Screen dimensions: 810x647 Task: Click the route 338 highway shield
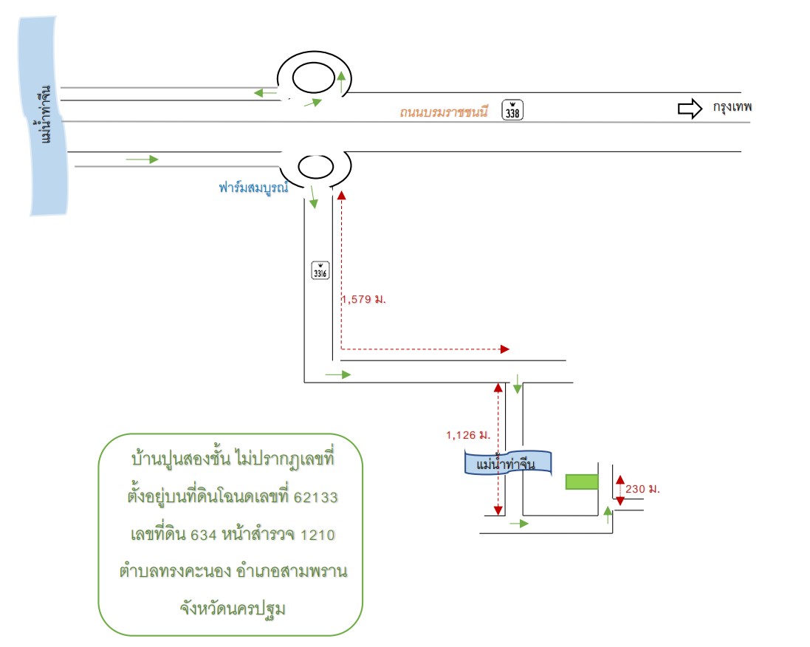point(512,110)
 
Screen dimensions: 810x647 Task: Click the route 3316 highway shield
point(320,270)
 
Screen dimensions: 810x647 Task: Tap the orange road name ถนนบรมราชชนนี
point(444,112)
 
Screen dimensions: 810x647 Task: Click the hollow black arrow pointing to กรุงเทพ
point(690,109)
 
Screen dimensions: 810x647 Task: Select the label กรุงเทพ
point(732,108)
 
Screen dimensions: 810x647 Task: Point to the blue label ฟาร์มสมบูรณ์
point(253,188)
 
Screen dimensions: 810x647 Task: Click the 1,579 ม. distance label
point(364,299)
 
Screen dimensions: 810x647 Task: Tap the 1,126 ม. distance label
point(468,435)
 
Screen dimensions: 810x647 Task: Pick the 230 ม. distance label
point(642,489)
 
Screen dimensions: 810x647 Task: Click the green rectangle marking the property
point(582,482)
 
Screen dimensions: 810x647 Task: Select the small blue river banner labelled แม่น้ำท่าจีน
point(508,463)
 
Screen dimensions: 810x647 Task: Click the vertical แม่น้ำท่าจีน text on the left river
point(46,114)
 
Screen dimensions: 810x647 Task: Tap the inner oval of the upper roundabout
point(314,78)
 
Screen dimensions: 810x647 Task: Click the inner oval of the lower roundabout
point(315,167)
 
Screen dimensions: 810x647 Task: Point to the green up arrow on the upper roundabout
point(341,82)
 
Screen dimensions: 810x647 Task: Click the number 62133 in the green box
point(315,497)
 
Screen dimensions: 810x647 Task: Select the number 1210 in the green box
point(318,535)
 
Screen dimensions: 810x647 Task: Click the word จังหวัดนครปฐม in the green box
point(233,609)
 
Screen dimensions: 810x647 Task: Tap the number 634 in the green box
point(204,535)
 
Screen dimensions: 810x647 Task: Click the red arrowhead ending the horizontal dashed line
point(505,349)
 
